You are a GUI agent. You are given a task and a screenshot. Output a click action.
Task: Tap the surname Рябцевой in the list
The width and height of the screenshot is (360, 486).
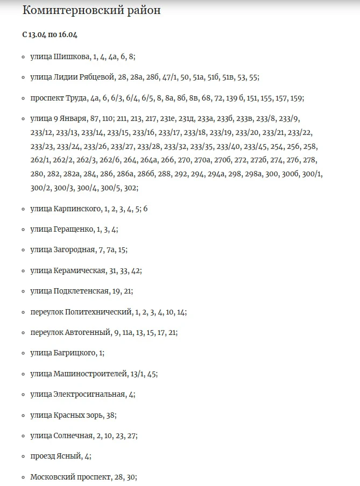point(96,77)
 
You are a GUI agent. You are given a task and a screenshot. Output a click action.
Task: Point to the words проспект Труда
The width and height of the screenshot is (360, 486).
point(59,98)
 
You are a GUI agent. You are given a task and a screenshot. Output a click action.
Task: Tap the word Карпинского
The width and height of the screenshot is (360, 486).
point(77,209)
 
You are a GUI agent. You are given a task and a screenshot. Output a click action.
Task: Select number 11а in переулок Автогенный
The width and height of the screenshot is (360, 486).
point(128,333)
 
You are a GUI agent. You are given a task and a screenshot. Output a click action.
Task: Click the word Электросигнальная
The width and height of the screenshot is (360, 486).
point(89,394)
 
